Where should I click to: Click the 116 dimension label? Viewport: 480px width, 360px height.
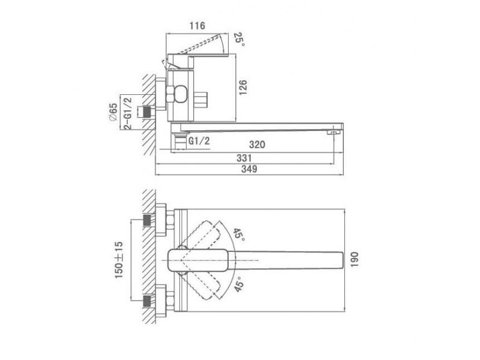tap(197, 26)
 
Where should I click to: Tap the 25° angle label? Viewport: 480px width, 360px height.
tap(239, 39)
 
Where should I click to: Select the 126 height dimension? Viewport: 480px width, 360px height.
tap(242, 88)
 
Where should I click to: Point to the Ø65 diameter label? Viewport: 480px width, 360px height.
tap(113, 112)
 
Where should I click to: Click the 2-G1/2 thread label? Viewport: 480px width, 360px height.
tap(127, 113)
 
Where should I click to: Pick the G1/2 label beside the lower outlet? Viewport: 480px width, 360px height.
tap(199, 141)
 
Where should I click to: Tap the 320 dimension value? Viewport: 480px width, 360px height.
tap(257, 144)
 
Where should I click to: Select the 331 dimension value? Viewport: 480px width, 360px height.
tap(244, 158)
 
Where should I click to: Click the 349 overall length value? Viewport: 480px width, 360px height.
tap(249, 169)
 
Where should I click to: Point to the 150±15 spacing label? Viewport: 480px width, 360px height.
tap(119, 260)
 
